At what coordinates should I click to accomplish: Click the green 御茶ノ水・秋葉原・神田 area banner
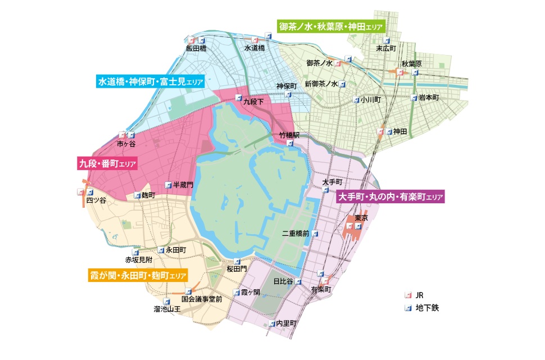click(331, 26)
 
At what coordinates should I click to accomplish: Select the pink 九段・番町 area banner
click(107, 164)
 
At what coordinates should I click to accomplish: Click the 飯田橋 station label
click(197, 49)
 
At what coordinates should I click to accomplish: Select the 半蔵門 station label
click(183, 185)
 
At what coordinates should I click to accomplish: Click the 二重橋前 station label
click(296, 233)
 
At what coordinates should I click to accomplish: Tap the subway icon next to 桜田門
click(237, 261)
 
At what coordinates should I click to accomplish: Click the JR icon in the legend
click(409, 295)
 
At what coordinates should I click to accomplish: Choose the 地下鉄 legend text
click(426, 308)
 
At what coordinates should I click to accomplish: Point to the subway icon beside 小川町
click(356, 100)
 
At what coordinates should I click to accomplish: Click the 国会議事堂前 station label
click(198, 299)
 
